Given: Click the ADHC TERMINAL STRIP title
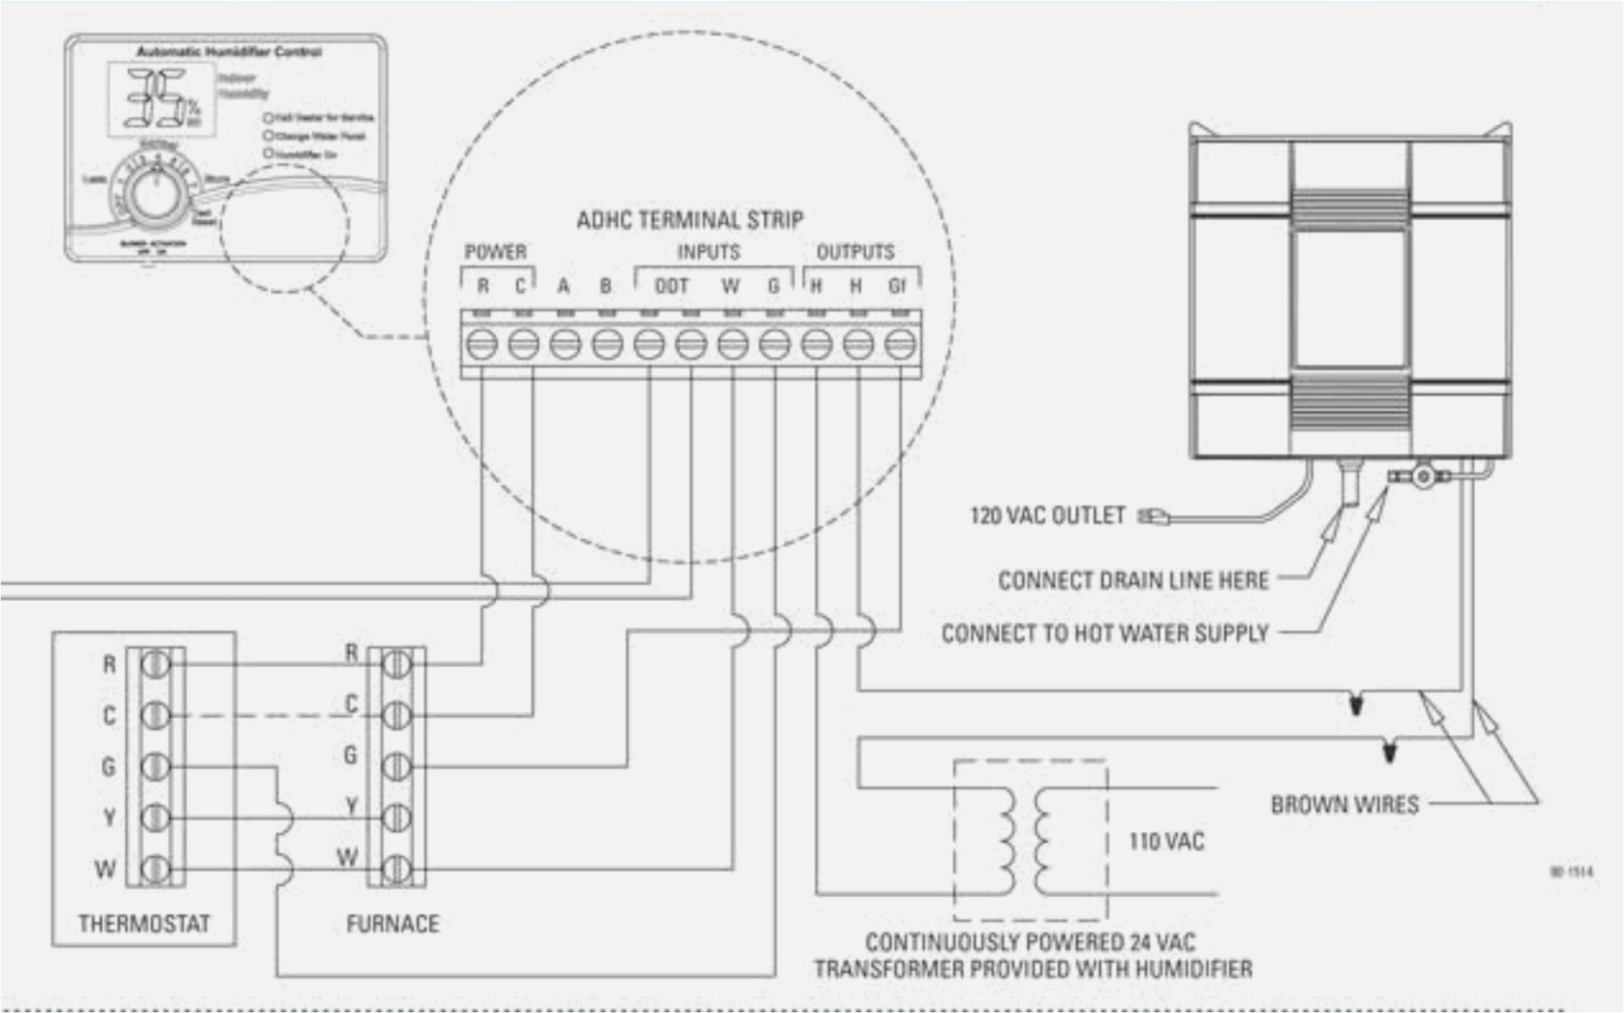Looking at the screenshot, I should (690, 220).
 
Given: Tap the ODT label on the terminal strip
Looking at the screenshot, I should (671, 287).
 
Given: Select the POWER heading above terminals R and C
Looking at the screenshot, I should (496, 252).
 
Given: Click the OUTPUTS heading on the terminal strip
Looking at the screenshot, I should (855, 252).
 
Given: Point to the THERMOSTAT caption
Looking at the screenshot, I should (144, 924).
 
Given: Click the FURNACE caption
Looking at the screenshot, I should (393, 924).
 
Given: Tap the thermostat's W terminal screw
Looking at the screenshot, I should (155, 868).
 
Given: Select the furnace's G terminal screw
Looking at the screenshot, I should (397, 766).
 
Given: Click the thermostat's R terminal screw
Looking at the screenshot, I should (155, 664).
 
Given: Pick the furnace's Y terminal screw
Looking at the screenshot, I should (397, 817).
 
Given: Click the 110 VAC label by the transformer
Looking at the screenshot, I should (1166, 841).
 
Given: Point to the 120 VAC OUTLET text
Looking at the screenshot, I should (1047, 516).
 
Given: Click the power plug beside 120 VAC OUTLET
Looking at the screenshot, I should (1155, 516).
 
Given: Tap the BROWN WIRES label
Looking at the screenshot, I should (1345, 805).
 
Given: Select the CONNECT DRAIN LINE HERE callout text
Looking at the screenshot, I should (1134, 581).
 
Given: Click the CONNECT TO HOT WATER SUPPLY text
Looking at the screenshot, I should (1106, 633).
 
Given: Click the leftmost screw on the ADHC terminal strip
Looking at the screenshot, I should (482, 344).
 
